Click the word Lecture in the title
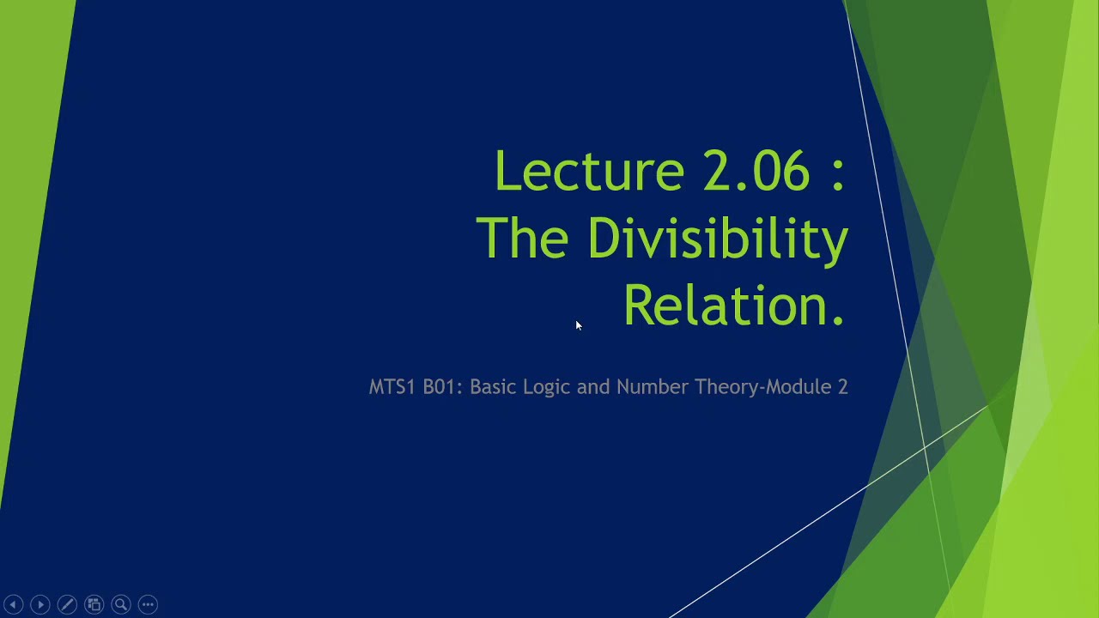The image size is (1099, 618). [x=588, y=171]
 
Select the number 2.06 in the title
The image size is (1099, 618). [x=756, y=171]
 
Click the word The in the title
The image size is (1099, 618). [x=522, y=238]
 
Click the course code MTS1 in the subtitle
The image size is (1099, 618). [x=392, y=387]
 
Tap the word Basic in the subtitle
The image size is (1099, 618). [x=494, y=387]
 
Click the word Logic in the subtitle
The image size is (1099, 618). [x=547, y=387]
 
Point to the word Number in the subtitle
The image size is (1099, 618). [x=653, y=387]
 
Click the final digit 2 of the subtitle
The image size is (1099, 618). [x=842, y=387]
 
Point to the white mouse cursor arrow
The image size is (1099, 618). [x=579, y=325]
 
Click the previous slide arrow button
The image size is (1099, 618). [x=13, y=604]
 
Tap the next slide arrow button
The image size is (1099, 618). [x=39, y=604]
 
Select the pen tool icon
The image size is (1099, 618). [x=67, y=604]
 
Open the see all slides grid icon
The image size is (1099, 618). [x=94, y=604]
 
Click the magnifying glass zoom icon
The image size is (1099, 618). [x=121, y=604]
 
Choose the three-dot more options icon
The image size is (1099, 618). [x=148, y=604]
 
